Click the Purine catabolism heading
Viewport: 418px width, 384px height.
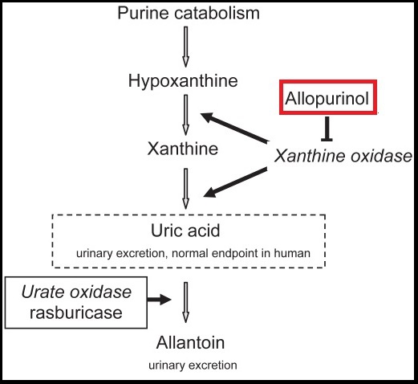tap(189, 13)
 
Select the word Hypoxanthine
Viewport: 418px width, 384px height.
tap(183, 81)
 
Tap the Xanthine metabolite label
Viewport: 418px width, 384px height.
tap(183, 149)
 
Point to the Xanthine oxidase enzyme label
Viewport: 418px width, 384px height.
tap(343, 156)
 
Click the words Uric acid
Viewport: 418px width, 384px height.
tap(185, 231)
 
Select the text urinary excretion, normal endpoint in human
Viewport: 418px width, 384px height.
tap(193, 253)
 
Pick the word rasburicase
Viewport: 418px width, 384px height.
tap(76, 313)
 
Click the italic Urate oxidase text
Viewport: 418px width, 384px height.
tap(76, 292)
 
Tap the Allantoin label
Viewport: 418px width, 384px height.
tap(190, 342)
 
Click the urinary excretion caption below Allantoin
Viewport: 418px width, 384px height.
tap(193, 366)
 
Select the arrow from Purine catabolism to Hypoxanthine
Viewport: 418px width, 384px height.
tap(185, 47)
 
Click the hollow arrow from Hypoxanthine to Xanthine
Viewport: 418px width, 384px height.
tap(185, 115)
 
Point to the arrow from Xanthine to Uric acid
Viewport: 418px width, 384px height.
tap(185, 189)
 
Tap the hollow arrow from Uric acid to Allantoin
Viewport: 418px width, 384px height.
tap(185, 303)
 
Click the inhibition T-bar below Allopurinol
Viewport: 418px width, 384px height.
tap(327, 129)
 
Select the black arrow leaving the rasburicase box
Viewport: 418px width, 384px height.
tap(159, 300)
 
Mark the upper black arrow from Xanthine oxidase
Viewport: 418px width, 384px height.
tap(234, 128)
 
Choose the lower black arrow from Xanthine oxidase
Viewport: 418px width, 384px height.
tap(235, 182)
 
